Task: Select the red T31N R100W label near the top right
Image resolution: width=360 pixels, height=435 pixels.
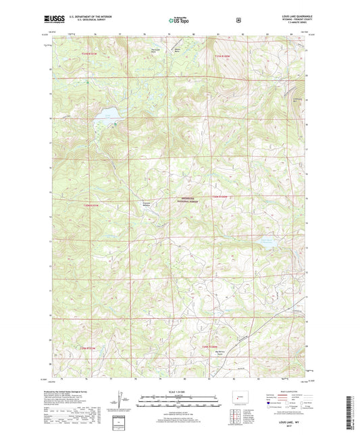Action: pyautogui.click(x=225, y=55)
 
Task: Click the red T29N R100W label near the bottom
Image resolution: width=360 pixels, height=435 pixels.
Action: pyautogui.click(x=213, y=346)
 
